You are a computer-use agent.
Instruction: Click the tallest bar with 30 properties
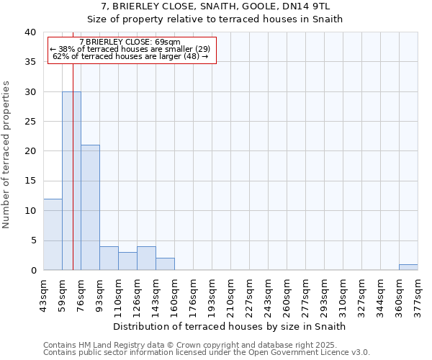71,181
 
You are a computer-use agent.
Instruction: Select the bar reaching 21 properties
90,207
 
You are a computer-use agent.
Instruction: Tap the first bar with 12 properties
53,234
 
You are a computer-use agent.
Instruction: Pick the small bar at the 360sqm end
408,267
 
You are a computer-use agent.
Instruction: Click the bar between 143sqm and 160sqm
165,264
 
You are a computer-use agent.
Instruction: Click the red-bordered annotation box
132,50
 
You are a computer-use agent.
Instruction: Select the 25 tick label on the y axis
30,122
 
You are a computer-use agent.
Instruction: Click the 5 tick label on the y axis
33,240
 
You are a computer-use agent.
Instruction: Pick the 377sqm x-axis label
418,293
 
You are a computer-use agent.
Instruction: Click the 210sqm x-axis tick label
230,293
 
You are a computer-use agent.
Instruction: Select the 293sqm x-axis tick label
324,293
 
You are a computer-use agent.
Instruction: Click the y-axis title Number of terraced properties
7,154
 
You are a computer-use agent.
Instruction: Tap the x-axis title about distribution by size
230,326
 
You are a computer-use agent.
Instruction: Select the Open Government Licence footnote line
207,353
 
